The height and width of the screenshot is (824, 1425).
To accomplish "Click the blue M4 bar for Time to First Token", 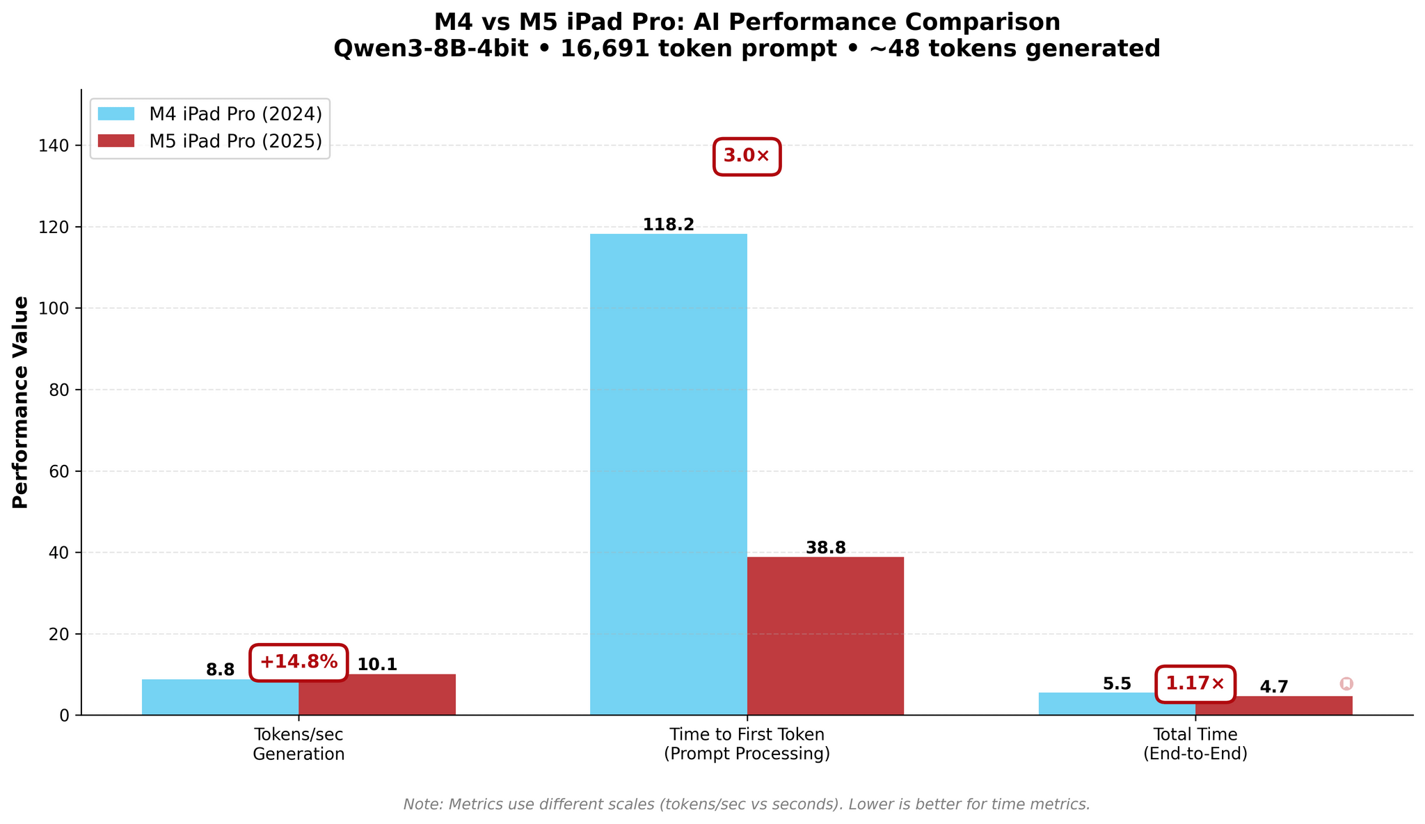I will (x=668, y=473).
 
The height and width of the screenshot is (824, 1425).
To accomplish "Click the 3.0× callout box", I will (x=747, y=157).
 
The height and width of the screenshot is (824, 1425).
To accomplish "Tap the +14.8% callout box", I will (x=298, y=663).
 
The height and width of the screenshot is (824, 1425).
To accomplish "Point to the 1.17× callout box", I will (x=1195, y=684).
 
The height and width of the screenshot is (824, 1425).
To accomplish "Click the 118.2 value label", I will (x=668, y=225).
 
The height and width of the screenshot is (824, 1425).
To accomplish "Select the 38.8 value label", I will (x=825, y=548).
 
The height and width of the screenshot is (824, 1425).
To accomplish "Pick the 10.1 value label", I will (x=377, y=665).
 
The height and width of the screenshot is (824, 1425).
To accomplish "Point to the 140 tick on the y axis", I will (x=59, y=145).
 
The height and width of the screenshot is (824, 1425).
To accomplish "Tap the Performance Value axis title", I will (x=22, y=402).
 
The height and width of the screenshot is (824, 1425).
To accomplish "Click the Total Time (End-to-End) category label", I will (x=1195, y=744).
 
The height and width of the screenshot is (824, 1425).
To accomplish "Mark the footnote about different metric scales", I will (x=747, y=805).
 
